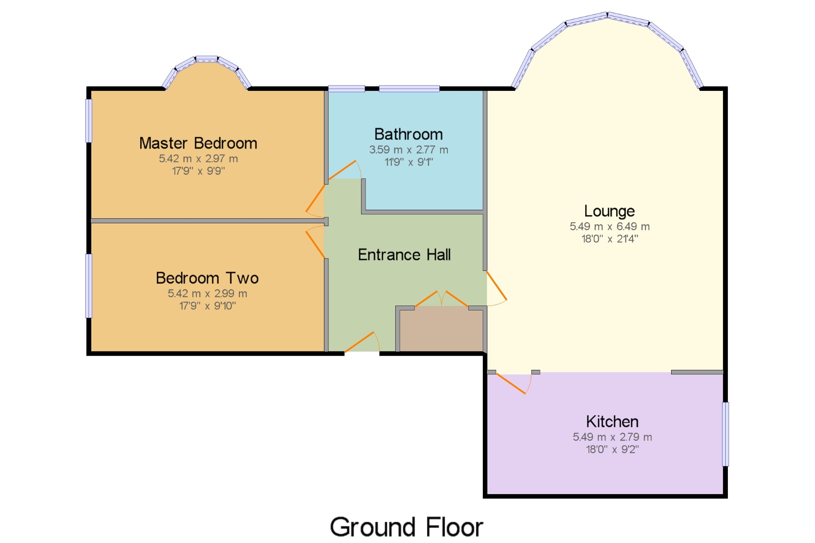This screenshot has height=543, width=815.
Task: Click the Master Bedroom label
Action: [x=198, y=143]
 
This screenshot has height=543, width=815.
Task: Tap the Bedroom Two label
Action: [x=207, y=278]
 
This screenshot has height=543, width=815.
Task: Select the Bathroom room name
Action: [x=408, y=134]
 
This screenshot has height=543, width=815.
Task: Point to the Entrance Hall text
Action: [x=404, y=255]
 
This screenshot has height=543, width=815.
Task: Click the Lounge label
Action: [x=609, y=211]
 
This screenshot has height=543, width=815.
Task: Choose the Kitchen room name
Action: [x=612, y=422]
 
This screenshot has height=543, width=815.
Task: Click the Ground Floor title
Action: [x=406, y=527]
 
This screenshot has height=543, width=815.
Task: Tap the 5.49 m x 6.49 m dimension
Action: [x=609, y=226]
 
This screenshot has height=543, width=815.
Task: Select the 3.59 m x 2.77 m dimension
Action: [x=408, y=150]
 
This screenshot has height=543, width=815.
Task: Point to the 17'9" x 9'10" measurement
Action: [x=207, y=306]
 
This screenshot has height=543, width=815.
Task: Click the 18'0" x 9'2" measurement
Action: [x=612, y=449]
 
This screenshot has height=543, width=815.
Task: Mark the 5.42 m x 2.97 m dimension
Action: [x=198, y=158]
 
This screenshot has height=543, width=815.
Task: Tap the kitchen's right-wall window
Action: [x=725, y=434]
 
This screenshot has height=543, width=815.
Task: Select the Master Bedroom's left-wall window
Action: [x=88, y=121]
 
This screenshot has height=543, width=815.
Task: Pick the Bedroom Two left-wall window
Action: [x=88, y=286]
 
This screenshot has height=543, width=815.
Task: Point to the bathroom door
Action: [x=345, y=170]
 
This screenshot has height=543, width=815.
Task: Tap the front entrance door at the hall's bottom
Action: [x=362, y=342]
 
